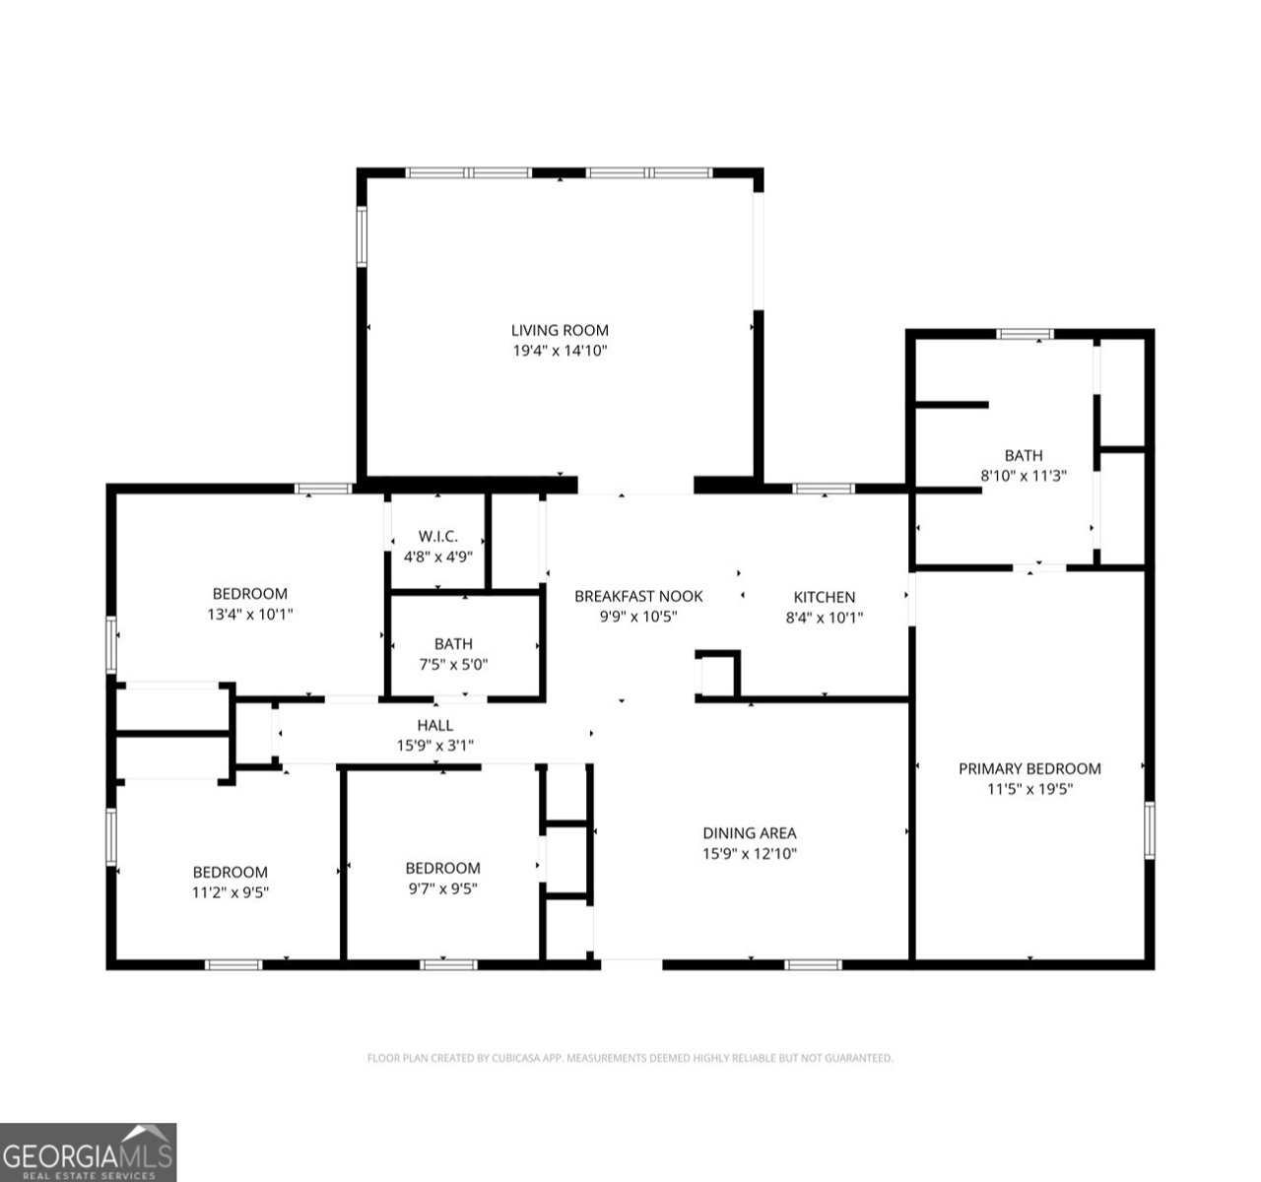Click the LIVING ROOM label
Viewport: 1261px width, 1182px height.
(x=559, y=330)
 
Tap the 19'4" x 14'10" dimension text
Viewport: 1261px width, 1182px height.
(x=559, y=351)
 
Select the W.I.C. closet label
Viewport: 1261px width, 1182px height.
(x=437, y=536)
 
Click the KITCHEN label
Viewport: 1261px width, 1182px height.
(x=825, y=597)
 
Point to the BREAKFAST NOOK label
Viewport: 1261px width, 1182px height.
(x=638, y=596)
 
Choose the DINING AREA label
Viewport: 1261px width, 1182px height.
(x=749, y=833)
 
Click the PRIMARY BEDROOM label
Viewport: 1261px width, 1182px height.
(x=1029, y=768)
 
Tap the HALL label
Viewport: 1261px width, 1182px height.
(x=434, y=726)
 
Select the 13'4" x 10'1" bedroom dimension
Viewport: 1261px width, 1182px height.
(x=250, y=614)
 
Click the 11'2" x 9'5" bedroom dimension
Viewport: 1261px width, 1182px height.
(x=230, y=892)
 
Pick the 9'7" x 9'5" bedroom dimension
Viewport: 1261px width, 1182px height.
(x=442, y=888)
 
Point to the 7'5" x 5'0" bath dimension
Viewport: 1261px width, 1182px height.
(x=452, y=664)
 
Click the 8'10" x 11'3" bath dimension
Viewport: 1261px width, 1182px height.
(x=1024, y=475)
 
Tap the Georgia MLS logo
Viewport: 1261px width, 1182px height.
(x=88, y=1152)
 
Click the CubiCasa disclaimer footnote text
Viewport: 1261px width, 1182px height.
(x=630, y=1058)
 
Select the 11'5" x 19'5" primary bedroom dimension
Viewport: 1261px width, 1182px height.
(x=1029, y=789)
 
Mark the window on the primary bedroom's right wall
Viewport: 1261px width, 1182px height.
(x=1149, y=829)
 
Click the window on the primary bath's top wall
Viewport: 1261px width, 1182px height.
(x=1026, y=335)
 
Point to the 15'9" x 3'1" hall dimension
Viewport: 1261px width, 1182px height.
(x=434, y=747)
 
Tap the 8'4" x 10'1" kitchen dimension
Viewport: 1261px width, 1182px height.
(x=825, y=618)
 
